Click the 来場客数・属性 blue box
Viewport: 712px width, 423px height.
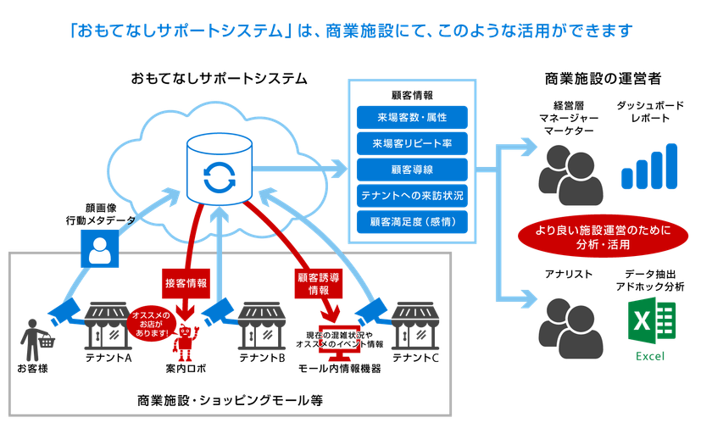(413, 116)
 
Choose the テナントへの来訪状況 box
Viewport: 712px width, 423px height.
(413, 195)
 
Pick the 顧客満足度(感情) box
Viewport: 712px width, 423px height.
(413, 222)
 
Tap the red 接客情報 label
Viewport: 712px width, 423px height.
(185, 282)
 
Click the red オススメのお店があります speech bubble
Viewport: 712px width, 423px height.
(152, 321)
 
